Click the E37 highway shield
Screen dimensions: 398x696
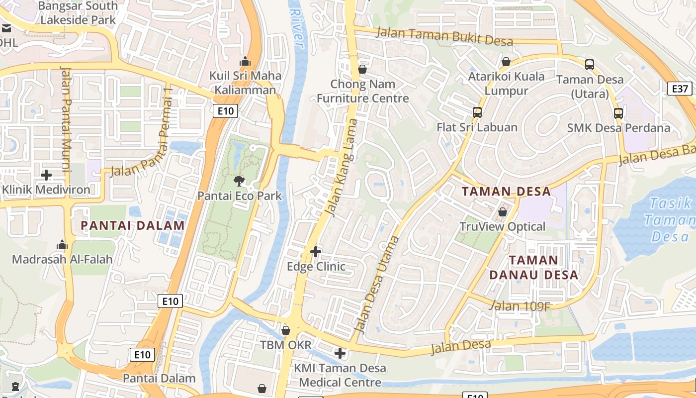680,89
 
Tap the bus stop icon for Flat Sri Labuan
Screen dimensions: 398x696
477,112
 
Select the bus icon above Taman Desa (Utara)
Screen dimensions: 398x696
590,64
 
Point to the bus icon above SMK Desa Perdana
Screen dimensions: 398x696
618,113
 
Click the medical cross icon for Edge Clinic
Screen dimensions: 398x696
316,252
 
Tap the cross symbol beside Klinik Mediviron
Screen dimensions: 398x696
46,175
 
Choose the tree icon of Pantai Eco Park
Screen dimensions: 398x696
239,181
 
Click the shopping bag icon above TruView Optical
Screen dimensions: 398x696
503,212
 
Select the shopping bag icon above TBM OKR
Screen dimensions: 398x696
286,330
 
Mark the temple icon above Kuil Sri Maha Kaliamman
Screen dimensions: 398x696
245,61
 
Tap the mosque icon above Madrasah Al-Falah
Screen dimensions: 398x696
62,244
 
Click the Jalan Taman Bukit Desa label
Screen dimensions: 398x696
444,36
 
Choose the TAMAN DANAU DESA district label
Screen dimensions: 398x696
533,267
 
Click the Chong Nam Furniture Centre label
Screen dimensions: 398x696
363,91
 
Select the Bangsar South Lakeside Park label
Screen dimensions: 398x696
78,13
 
